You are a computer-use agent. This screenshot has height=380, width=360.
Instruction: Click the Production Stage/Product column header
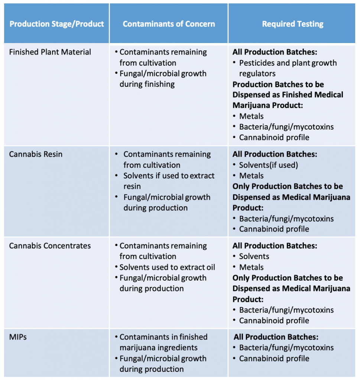pos(57,24)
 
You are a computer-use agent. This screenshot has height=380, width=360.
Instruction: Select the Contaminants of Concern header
pos(169,24)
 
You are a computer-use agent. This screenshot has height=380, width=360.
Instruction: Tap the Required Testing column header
pos(293,24)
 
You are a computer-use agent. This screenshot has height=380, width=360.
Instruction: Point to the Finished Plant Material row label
pos(50,52)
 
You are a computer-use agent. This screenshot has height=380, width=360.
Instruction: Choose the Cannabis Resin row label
pos(36,154)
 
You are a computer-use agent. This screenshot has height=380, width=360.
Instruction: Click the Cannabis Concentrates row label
pos(50,246)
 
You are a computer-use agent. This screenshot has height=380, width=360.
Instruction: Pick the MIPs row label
pos(18,337)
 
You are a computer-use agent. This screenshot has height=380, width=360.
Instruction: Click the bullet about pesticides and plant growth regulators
pos(288,68)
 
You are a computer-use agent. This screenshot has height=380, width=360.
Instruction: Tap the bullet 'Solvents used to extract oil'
pos(167,267)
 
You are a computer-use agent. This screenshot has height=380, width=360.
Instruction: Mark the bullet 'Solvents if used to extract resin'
pos(169,181)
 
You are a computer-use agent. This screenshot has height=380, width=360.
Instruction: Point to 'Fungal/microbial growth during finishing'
pos(163,79)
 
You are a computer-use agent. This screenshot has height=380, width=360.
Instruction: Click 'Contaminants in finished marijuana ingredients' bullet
pos(163,342)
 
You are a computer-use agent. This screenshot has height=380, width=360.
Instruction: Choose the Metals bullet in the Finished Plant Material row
pos(251,116)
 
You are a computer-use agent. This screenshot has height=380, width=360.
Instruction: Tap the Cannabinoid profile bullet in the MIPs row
pos(274,358)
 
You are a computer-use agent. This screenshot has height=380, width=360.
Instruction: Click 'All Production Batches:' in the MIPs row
pos(276,337)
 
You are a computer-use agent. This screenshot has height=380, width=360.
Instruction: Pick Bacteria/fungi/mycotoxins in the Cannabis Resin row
pos(286,219)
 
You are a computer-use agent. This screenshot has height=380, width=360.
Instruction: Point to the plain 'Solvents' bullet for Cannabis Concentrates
pos(254,256)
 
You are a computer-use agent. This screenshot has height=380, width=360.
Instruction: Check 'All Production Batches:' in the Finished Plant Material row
pos(275,52)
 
